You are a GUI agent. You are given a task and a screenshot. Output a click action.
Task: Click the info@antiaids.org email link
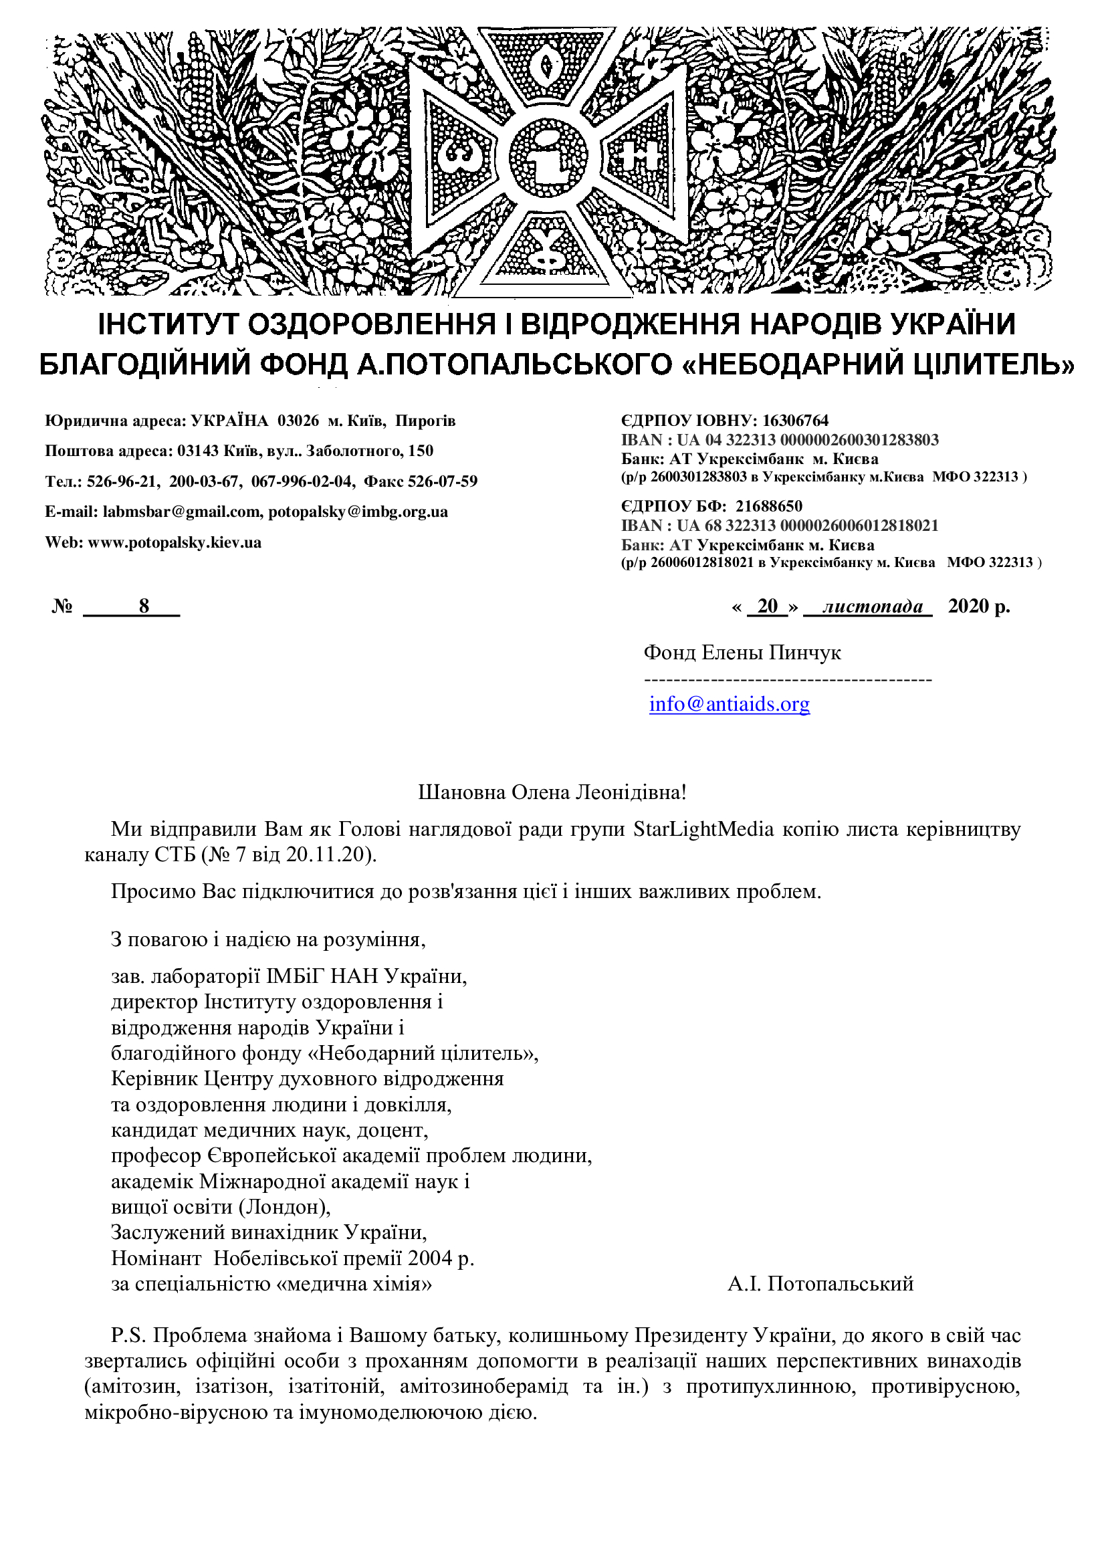pyautogui.click(x=729, y=703)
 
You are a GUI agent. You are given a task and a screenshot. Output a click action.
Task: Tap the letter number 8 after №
pyautogui.click(x=144, y=606)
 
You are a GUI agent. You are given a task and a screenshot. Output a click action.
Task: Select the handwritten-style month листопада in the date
pyautogui.click(x=873, y=606)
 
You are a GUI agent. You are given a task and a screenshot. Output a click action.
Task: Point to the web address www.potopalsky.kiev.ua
pyautogui.click(x=175, y=543)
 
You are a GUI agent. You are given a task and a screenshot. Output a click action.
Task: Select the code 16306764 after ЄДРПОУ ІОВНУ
pyautogui.click(x=795, y=421)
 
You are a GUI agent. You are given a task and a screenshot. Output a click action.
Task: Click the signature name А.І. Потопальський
pyautogui.click(x=820, y=1284)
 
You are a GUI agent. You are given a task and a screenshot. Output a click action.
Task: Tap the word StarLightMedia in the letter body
pyautogui.click(x=703, y=829)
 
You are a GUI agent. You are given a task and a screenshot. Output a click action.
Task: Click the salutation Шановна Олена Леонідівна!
pyautogui.click(x=552, y=792)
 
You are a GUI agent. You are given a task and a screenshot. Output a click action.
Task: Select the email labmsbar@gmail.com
pyautogui.click(x=181, y=512)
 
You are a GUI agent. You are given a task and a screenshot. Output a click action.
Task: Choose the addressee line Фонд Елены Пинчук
pyautogui.click(x=742, y=653)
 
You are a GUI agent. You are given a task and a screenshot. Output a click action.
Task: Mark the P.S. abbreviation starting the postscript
pyautogui.click(x=128, y=1335)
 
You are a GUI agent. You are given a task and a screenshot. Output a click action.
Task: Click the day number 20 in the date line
pyautogui.click(x=767, y=606)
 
